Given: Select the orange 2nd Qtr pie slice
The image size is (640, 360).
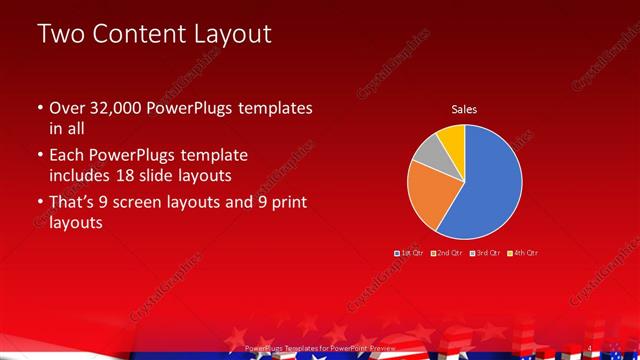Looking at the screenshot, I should pos(430,195).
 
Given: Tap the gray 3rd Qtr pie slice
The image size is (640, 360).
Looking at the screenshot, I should pos(428,152).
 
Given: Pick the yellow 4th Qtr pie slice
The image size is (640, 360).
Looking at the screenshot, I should pos(451,137).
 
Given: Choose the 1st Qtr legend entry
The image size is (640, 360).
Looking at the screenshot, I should pos(411,252).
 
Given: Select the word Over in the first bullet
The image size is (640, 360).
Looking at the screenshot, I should pos(66,108).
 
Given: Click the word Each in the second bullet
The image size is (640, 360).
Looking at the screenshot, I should pos(66,156).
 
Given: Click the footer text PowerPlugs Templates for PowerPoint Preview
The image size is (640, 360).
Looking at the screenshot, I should pos(319,348).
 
